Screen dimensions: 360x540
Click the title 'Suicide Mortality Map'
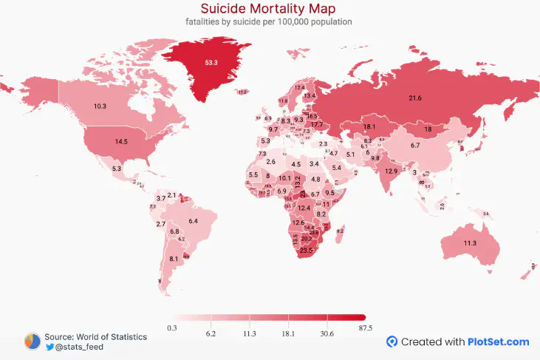pos(269,8)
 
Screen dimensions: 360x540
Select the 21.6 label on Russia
pos(415,98)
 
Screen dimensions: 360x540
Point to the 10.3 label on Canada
pos(100,106)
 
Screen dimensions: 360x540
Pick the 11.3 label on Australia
pos(470,243)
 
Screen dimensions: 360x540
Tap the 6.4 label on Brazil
pos(194,221)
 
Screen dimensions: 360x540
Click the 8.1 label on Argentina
pos(174,259)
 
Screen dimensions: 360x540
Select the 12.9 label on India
pos(392,171)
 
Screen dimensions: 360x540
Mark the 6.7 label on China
pos(415,146)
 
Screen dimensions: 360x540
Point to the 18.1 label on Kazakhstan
pos(369,127)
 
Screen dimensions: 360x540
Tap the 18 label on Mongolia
pos(427,129)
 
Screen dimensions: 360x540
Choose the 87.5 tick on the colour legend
pos(365,327)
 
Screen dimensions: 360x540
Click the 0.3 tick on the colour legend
pos(171,327)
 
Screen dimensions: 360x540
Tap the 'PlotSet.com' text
pos(498,342)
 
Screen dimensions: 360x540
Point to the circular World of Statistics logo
pos(33,341)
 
